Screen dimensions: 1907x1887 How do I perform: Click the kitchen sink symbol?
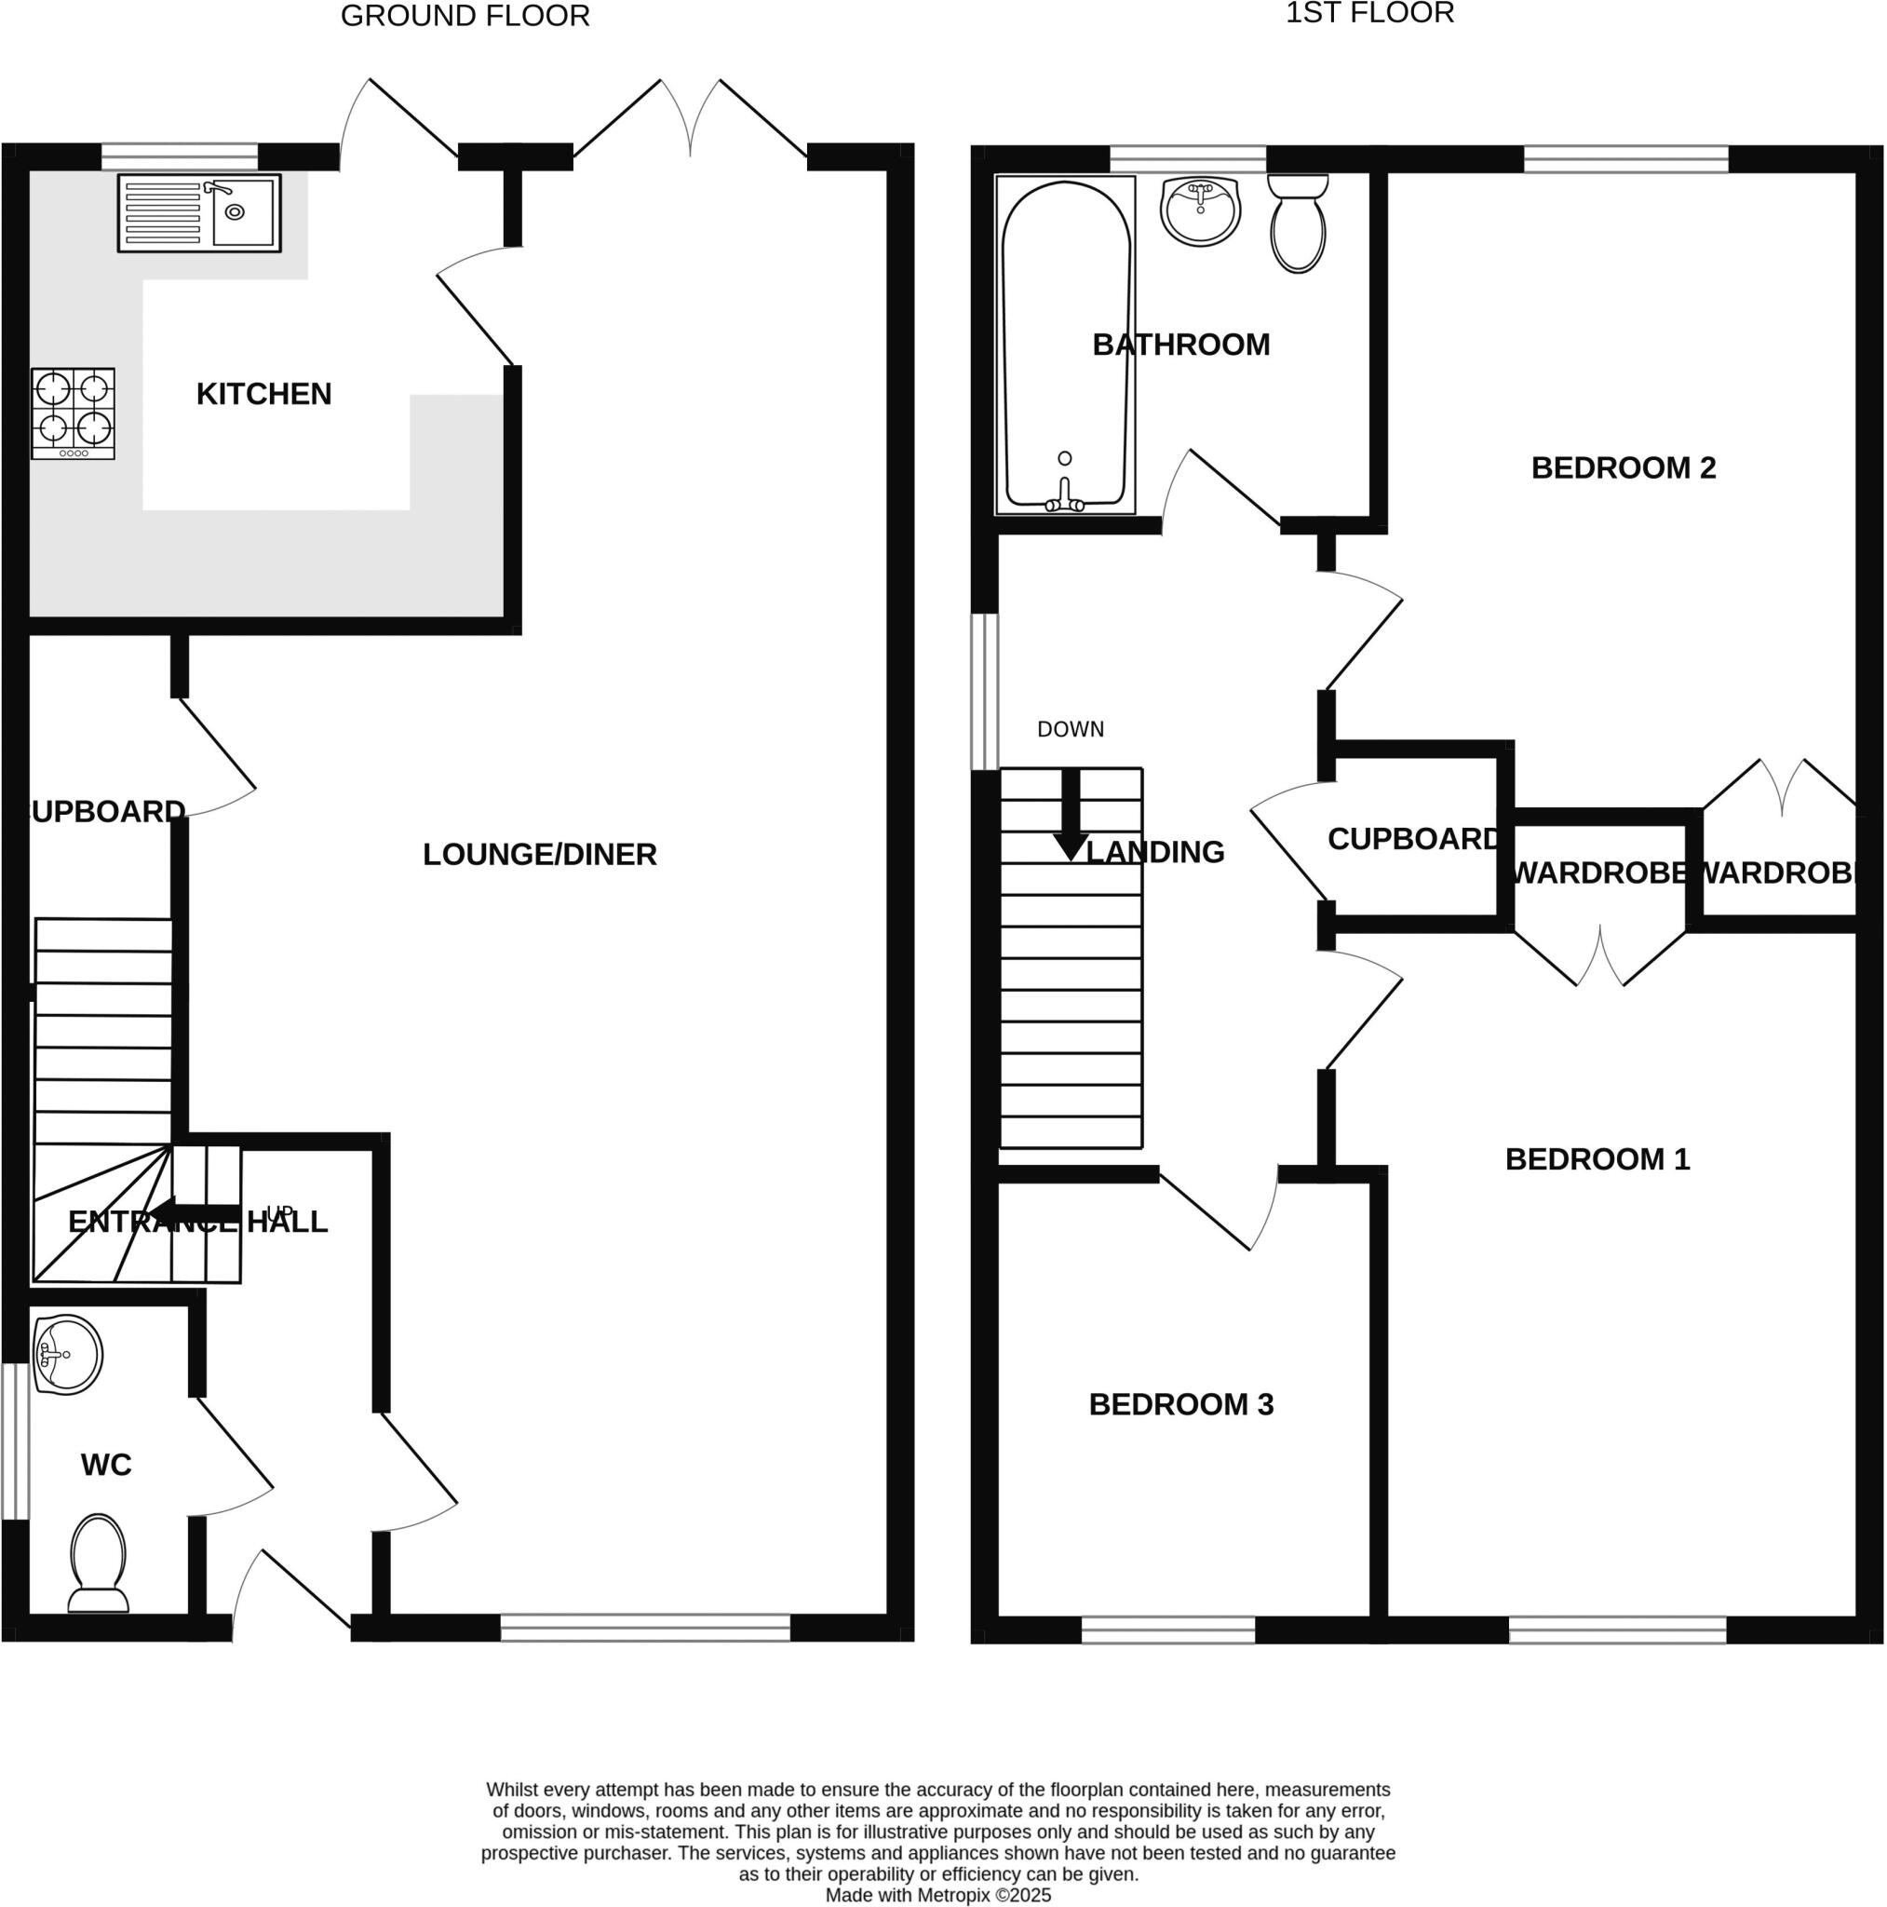click(x=199, y=212)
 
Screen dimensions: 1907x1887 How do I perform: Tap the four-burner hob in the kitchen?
click(x=73, y=413)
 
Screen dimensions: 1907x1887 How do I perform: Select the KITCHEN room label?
click(x=263, y=394)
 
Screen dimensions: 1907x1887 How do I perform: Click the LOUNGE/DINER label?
click(x=539, y=854)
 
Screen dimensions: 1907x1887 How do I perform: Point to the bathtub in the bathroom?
click(x=1066, y=345)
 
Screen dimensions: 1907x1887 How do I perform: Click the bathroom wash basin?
click(x=1200, y=210)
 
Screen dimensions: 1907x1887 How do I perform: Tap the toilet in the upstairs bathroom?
click(x=1297, y=224)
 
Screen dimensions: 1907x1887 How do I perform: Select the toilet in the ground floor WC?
click(x=99, y=1563)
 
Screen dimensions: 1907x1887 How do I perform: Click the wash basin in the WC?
click(x=67, y=1353)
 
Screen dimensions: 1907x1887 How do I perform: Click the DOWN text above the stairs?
click(x=1070, y=729)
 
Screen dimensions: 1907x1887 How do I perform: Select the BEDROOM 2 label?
click(x=1623, y=467)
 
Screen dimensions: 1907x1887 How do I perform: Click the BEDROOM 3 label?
click(x=1180, y=1403)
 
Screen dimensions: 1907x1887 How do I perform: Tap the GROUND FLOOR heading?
click(x=465, y=16)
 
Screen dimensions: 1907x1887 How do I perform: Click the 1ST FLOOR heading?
click(x=1368, y=13)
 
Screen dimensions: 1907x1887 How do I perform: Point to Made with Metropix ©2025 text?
click(x=937, y=1895)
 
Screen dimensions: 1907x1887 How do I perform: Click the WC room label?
click(x=105, y=1465)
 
